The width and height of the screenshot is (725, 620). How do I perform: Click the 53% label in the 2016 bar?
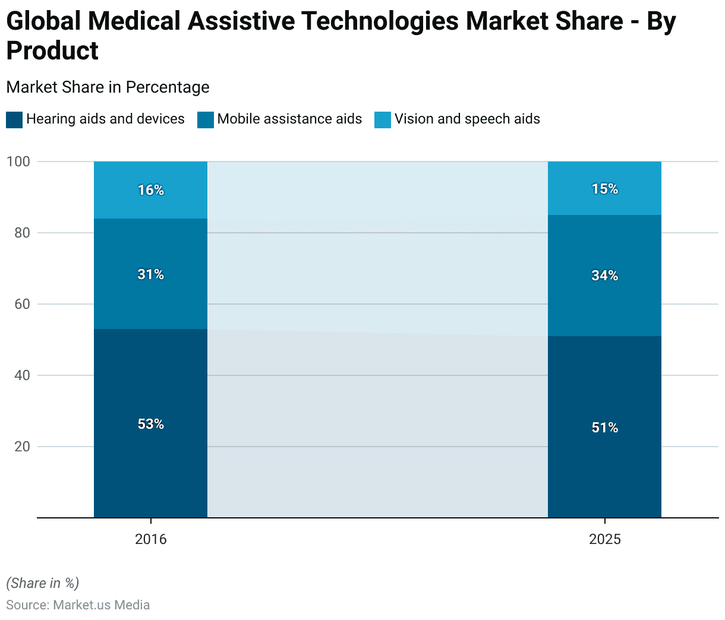[151, 424]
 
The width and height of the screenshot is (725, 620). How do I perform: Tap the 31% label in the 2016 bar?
[151, 274]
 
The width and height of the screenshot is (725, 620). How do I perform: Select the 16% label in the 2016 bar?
[151, 190]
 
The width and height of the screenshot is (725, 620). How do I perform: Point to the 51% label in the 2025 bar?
[605, 428]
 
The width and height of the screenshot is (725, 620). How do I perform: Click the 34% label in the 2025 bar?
[605, 276]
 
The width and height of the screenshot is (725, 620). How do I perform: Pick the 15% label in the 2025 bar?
[605, 189]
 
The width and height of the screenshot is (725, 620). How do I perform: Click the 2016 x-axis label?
[151, 539]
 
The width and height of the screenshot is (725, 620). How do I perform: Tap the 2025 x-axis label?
[605, 539]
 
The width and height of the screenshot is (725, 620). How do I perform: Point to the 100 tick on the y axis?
[18, 162]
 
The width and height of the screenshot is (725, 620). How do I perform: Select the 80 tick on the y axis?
[22, 233]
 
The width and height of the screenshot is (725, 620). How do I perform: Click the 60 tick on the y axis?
[22, 304]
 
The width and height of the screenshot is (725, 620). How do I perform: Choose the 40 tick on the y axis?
[22, 375]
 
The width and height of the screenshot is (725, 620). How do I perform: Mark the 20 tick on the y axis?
[22, 447]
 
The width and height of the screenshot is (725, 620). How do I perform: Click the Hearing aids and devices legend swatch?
[14, 119]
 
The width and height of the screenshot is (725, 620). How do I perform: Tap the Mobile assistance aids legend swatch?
[206, 119]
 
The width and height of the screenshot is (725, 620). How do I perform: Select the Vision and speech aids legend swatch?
[383, 119]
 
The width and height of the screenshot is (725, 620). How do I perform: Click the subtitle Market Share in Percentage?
[108, 87]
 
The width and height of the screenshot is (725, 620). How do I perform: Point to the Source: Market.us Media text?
[78, 605]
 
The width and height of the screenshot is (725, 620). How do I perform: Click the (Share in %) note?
[42, 583]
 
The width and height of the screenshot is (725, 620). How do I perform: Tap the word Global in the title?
[43, 22]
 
